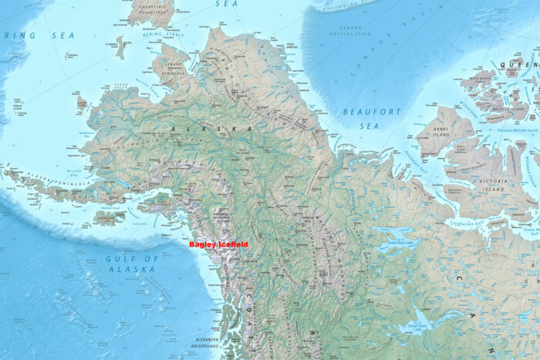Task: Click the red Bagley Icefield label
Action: coord(218,244)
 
